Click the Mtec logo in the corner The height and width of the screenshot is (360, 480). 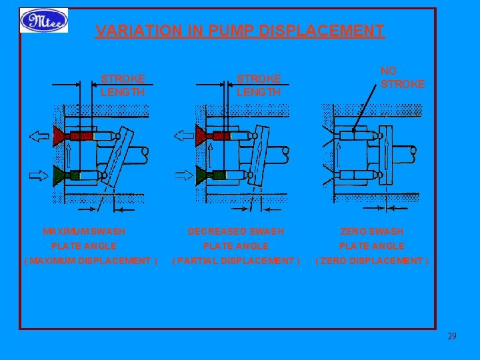44,21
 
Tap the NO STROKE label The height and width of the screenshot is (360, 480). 402,78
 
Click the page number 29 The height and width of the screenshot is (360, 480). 452,336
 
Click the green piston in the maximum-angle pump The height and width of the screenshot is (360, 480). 67,176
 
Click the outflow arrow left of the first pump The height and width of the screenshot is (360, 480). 39,137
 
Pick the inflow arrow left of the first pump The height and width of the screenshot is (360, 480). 39,176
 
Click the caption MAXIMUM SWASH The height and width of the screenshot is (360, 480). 84,231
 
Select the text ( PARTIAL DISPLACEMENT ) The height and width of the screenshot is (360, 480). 237,261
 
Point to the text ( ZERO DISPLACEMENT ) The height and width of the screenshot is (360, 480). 372,261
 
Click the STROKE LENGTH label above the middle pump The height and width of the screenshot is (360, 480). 259,86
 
